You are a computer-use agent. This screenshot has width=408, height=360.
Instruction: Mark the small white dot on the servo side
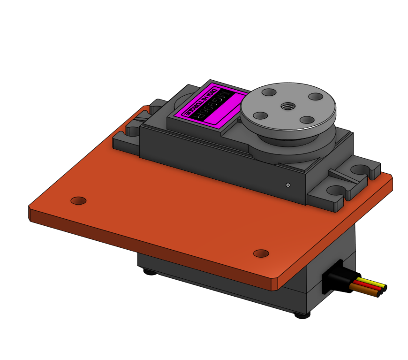[x=288, y=185]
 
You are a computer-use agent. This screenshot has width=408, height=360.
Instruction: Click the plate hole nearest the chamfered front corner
[x=261, y=253]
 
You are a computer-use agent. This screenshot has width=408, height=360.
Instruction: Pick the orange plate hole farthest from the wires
[x=78, y=200]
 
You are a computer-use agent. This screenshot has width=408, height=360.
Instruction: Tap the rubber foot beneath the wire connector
[x=302, y=315]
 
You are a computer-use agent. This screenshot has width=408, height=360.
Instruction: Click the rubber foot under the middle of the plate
[x=150, y=272]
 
